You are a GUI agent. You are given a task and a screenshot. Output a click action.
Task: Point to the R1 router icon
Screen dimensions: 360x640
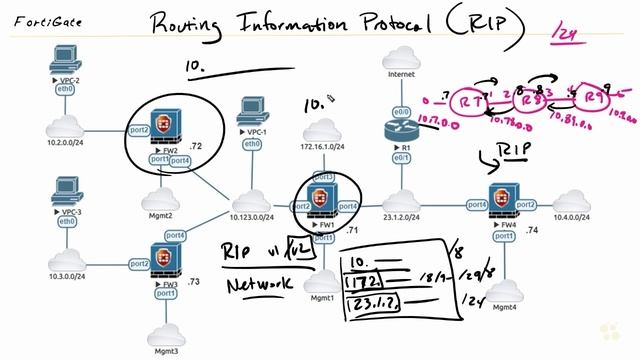[404, 128]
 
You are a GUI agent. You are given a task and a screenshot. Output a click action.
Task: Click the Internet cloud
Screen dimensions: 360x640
[404, 83]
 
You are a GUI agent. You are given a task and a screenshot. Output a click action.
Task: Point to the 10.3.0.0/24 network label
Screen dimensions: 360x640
[65, 275]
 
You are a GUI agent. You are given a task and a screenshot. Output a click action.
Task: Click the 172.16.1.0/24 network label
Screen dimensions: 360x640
[322, 147]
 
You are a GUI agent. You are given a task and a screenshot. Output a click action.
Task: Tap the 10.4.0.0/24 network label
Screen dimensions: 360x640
[579, 217]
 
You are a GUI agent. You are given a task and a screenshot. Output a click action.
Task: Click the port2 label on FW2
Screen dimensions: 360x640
[140, 129]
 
